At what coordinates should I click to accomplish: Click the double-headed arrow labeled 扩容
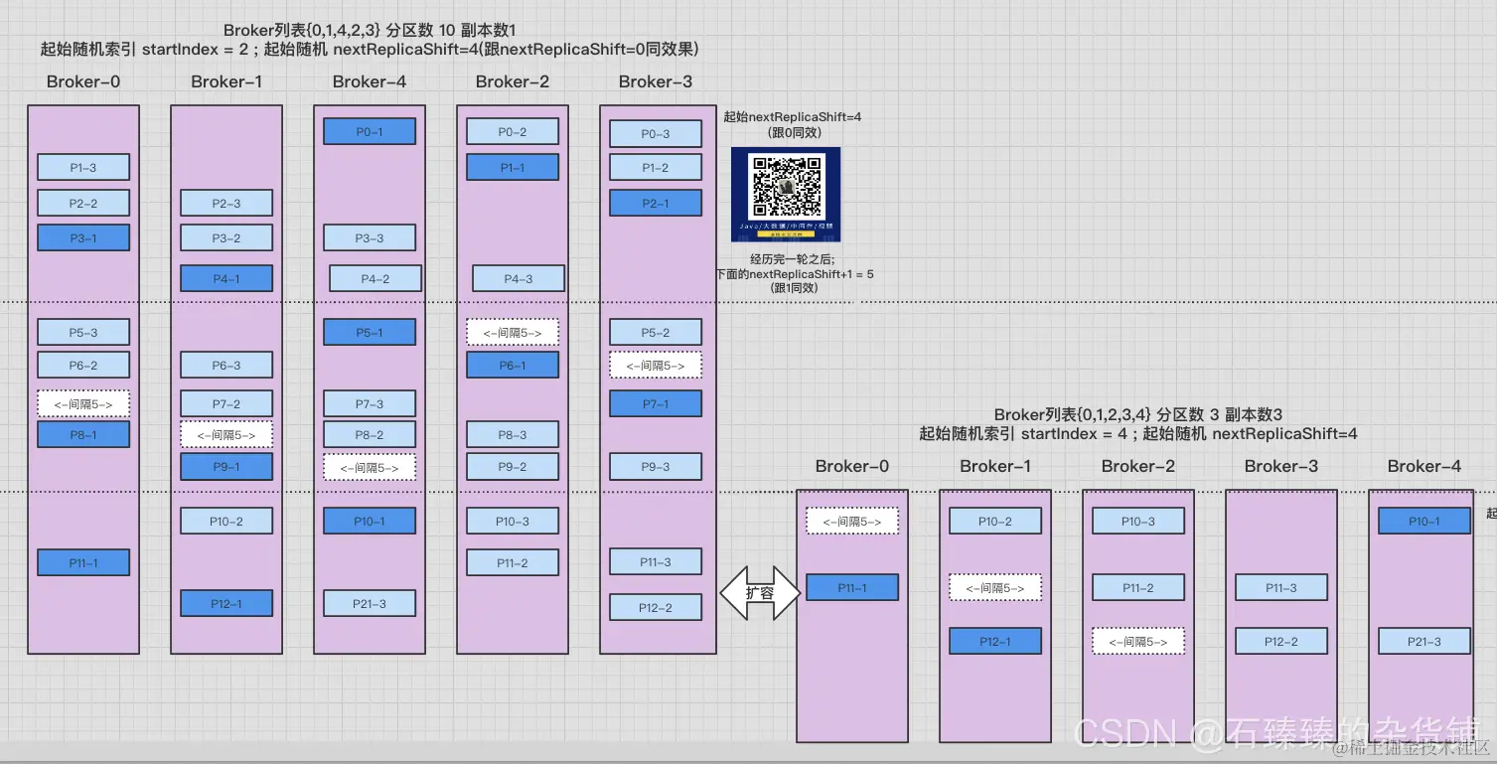pyautogui.click(x=759, y=592)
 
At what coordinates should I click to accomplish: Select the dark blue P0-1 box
pyautogui.click(x=370, y=132)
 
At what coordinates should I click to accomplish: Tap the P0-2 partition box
pyautogui.click(x=513, y=132)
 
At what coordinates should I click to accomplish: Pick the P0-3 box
pyautogui.click(x=656, y=134)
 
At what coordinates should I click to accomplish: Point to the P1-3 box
pyautogui.click(x=83, y=168)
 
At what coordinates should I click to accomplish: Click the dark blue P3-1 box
pyautogui.click(x=83, y=238)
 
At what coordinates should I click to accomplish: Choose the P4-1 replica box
pyautogui.click(x=226, y=279)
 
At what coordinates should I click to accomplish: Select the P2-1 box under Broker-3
pyautogui.click(x=656, y=204)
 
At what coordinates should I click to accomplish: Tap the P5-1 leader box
pyautogui.click(x=370, y=333)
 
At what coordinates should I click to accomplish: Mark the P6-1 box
pyautogui.click(x=513, y=366)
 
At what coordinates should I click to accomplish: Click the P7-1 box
pyautogui.click(x=656, y=404)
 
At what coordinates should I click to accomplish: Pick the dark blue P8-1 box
pyautogui.click(x=83, y=435)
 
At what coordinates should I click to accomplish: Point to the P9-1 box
pyautogui.click(x=226, y=467)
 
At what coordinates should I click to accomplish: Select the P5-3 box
pyautogui.click(x=83, y=333)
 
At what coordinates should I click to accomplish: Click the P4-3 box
pyautogui.click(x=519, y=279)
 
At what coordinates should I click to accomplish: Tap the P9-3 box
pyautogui.click(x=656, y=467)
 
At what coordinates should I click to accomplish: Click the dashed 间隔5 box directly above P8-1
pyautogui.click(x=83, y=404)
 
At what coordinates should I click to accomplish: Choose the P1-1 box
pyautogui.click(x=513, y=168)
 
